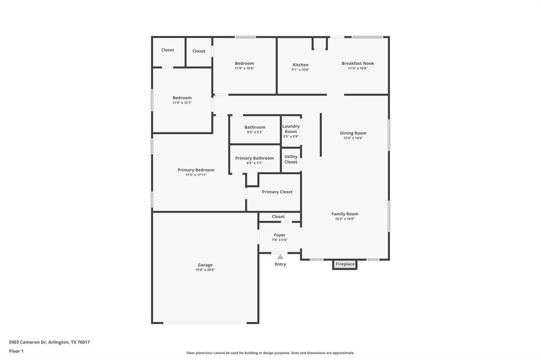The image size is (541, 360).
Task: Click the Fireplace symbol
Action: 344,264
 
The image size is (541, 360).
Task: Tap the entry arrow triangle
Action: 280,257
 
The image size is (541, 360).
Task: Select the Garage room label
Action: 205,265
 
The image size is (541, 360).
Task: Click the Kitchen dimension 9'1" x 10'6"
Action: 301,70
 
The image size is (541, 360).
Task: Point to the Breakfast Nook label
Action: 358,63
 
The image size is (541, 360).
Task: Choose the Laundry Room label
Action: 291,129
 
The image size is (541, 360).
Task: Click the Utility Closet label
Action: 291,159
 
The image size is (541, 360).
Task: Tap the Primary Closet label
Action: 277,192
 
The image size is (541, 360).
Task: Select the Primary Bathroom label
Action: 255,158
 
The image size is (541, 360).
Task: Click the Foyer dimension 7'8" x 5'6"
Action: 279,240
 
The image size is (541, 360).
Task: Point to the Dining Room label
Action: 353,133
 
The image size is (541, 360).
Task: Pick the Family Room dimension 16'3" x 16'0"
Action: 345,219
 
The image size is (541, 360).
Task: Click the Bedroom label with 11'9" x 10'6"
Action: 244,63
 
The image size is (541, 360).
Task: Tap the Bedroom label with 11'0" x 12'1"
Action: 182,98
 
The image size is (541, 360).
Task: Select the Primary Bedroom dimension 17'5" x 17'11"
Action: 196,175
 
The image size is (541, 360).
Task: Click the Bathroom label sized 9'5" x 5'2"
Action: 255,127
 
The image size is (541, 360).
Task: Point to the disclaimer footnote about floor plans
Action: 270,353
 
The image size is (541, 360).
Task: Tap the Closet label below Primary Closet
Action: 278,216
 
